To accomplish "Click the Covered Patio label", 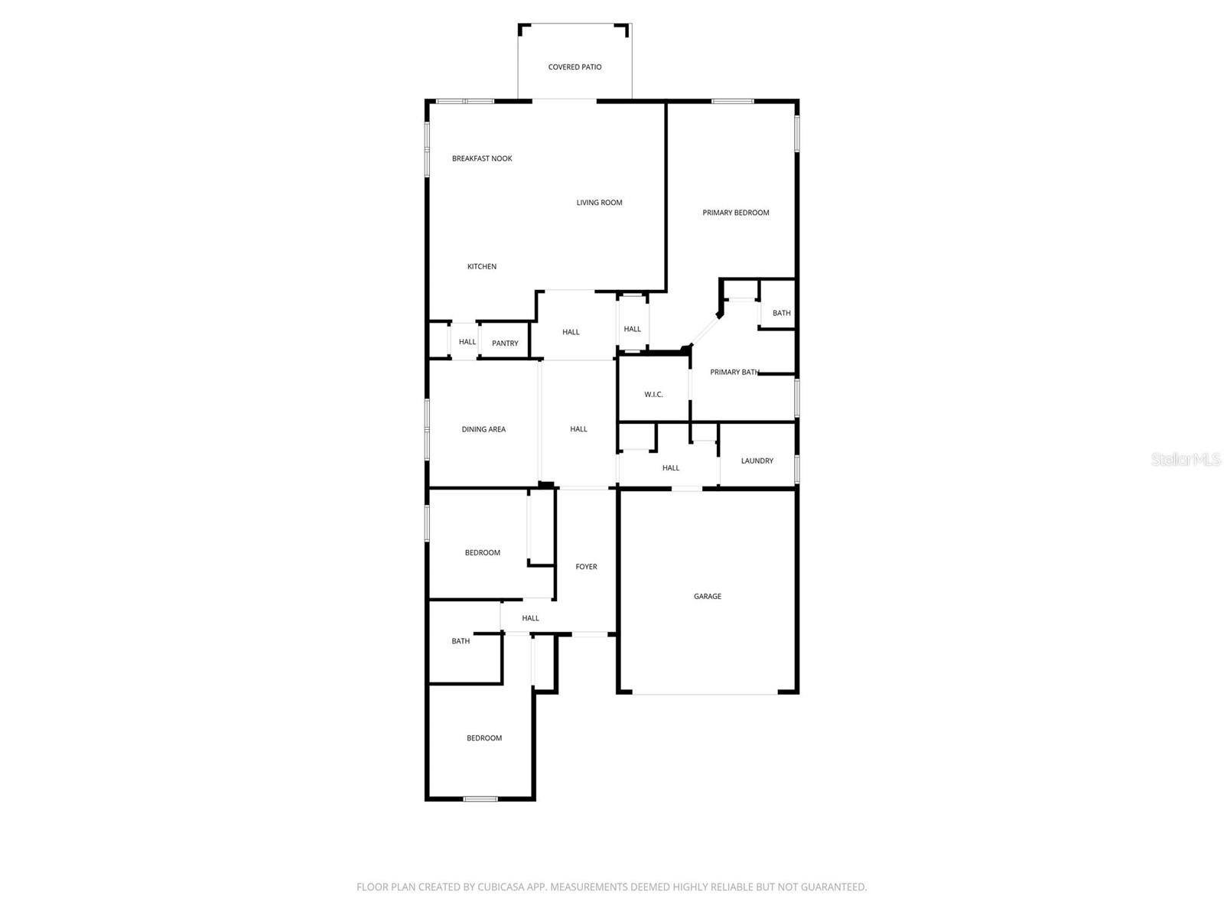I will [575, 67].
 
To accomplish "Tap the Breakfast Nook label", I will [482, 158].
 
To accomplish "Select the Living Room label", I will [599, 203].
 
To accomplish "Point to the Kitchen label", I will [482, 266].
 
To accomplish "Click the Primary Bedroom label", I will [735, 213].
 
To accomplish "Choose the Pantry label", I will [505, 343].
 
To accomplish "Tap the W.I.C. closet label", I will [653, 395].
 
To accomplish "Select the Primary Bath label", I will [734, 373].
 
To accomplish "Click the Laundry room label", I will [757, 461].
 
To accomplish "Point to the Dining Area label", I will [483, 429].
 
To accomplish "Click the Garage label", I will [707, 596].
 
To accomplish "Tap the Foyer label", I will [586, 567].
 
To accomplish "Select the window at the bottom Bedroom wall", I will [480, 799].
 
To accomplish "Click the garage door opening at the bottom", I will [705, 693].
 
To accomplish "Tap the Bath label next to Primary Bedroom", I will [781, 313].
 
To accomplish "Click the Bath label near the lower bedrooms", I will [461, 641].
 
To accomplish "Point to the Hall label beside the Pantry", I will [467, 342].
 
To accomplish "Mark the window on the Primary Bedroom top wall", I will [732, 101].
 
